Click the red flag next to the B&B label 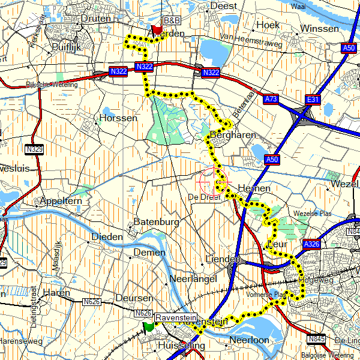coord(158,28)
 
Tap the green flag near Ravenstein coord(148,326)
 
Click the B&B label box coord(172,20)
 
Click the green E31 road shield coord(313,98)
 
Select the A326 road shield coord(311,244)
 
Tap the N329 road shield coord(35,148)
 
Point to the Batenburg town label coord(157,222)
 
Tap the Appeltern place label coord(60,201)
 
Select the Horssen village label coord(119,118)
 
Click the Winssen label coord(319,28)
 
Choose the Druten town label coord(95,19)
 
